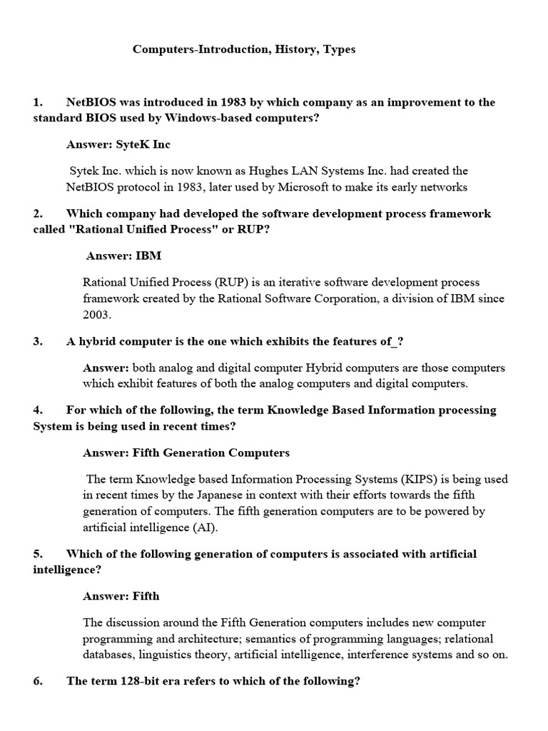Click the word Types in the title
pos(336,50)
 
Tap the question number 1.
pos(38,102)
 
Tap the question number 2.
pos(38,213)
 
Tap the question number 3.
pos(38,341)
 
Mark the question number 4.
pos(38,410)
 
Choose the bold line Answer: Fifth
pos(121,595)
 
